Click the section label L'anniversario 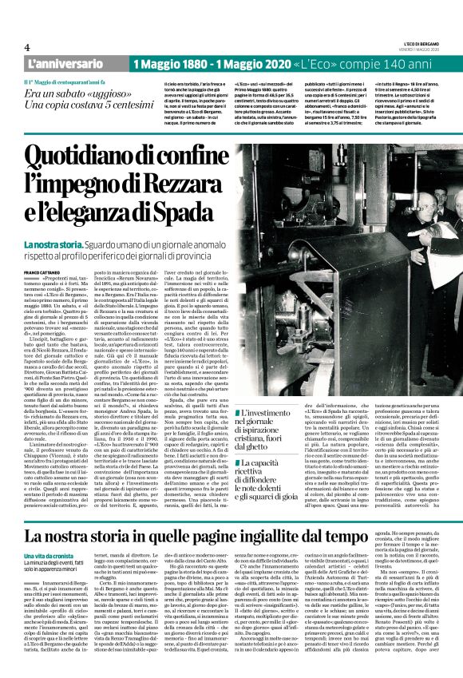[59, 63]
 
